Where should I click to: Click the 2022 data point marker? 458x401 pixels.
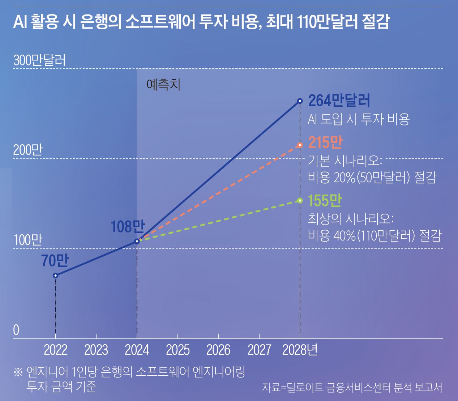pyautogui.click(x=55, y=276)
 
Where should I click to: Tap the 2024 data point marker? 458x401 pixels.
pyautogui.click(x=137, y=241)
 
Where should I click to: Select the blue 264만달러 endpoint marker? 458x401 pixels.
pyautogui.click(x=300, y=101)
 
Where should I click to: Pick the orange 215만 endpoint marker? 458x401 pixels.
pyautogui.click(x=300, y=145)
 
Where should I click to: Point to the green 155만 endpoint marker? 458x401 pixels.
pyautogui.click(x=300, y=200)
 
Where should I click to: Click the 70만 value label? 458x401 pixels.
pyautogui.click(x=55, y=261)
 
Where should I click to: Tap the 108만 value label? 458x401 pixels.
pyautogui.click(x=127, y=227)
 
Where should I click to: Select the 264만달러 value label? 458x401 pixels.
pyautogui.click(x=339, y=101)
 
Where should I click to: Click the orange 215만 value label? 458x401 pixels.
pyautogui.click(x=325, y=143)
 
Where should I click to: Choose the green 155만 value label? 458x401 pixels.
pyautogui.click(x=325, y=201)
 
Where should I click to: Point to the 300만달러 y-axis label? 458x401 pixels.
pyautogui.click(x=40, y=60)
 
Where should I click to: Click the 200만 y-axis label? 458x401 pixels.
pyautogui.click(x=28, y=150)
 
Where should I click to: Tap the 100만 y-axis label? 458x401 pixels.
pyautogui.click(x=28, y=240)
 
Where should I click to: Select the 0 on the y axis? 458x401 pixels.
pyautogui.click(x=16, y=330)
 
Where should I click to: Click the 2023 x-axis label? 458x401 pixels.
pyautogui.click(x=96, y=350)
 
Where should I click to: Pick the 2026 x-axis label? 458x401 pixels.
pyautogui.click(x=218, y=350)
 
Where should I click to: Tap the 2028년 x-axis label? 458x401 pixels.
pyautogui.click(x=300, y=350)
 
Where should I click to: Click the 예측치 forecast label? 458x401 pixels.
pyautogui.click(x=163, y=85)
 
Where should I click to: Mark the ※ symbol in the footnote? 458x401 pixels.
pyautogui.click(x=18, y=372)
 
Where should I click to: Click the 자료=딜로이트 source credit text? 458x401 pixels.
pyautogui.click(x=352, y=387)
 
